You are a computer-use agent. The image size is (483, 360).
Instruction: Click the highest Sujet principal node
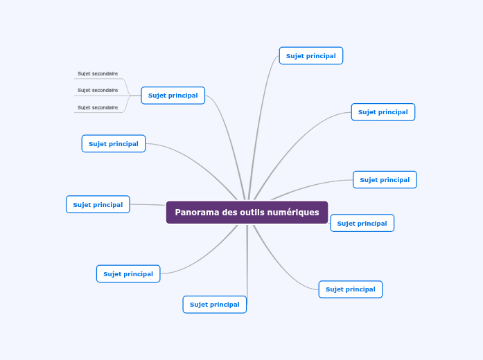click(x=310, y=56)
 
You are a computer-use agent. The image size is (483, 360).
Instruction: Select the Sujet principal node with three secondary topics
click(x=173, y=96)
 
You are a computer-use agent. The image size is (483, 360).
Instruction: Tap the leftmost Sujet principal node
click(x=98, y=205)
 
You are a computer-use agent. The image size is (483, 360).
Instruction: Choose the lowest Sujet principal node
click(x=214, y=305)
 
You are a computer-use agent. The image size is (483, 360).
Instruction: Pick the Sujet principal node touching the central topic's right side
click(x=362, y=224)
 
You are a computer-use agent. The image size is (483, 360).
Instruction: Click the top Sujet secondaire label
click(x=98, y=73)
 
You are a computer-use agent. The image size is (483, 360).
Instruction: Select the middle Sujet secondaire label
click(x=98, y=90)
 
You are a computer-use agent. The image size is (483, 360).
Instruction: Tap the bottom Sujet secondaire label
click(x=98, y=107)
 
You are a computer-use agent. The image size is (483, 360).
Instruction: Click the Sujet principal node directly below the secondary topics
click(x=113, y=144)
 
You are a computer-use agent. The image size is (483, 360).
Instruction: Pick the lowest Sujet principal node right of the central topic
click(x=350, y=289)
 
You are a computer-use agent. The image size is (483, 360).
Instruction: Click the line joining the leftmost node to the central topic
click(x=148, y=205)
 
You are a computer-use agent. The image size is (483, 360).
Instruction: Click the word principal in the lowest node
click(x=225, y=305)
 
